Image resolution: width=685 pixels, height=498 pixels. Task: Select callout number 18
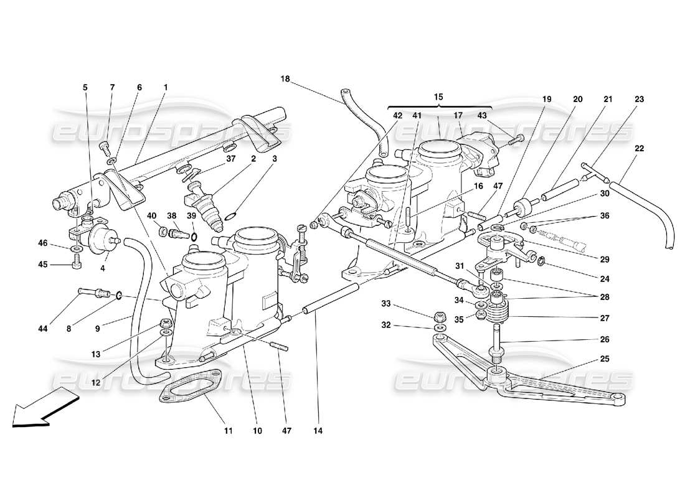(285, 79)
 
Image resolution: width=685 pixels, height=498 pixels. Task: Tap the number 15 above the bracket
(438, 97)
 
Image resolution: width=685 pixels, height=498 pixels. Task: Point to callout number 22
(640, 148)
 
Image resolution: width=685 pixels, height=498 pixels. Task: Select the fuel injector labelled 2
(200, 206)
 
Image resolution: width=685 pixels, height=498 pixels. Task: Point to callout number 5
(85, 88)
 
